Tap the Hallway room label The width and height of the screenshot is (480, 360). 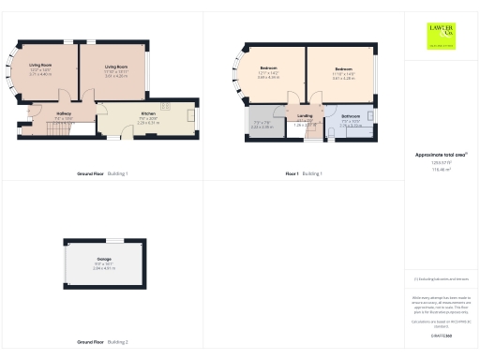(37, 113)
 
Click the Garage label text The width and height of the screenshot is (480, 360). (103, 258)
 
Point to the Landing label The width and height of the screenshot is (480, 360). (304, 115)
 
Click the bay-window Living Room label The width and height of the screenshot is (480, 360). (40, 67)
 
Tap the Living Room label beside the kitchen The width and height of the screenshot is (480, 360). (116, 67)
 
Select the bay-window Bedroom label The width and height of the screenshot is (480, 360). (268, 68)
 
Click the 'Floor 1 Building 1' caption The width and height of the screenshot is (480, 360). (303, 174)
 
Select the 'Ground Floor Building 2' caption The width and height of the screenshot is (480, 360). (102, 343)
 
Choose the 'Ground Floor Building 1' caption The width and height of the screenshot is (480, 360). (102, 174)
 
